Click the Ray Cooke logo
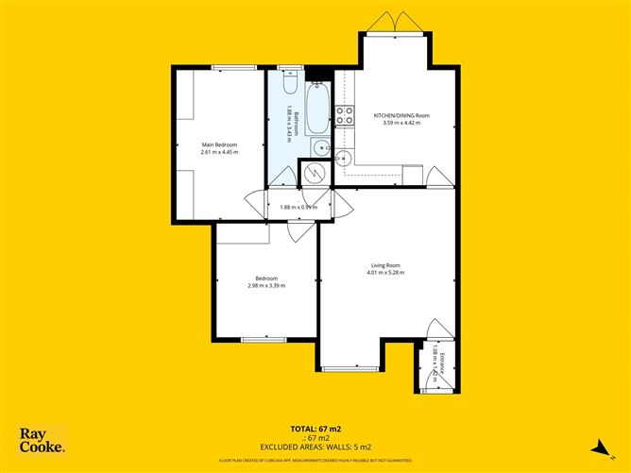(x=43, y=441)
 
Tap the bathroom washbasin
(x=322, y=147)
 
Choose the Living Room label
(x=385, y=265)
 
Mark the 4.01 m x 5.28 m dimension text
(x=385, y=273)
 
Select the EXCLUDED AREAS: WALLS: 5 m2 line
(x=315, y=446)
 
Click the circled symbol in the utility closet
(x=314, y=173)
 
